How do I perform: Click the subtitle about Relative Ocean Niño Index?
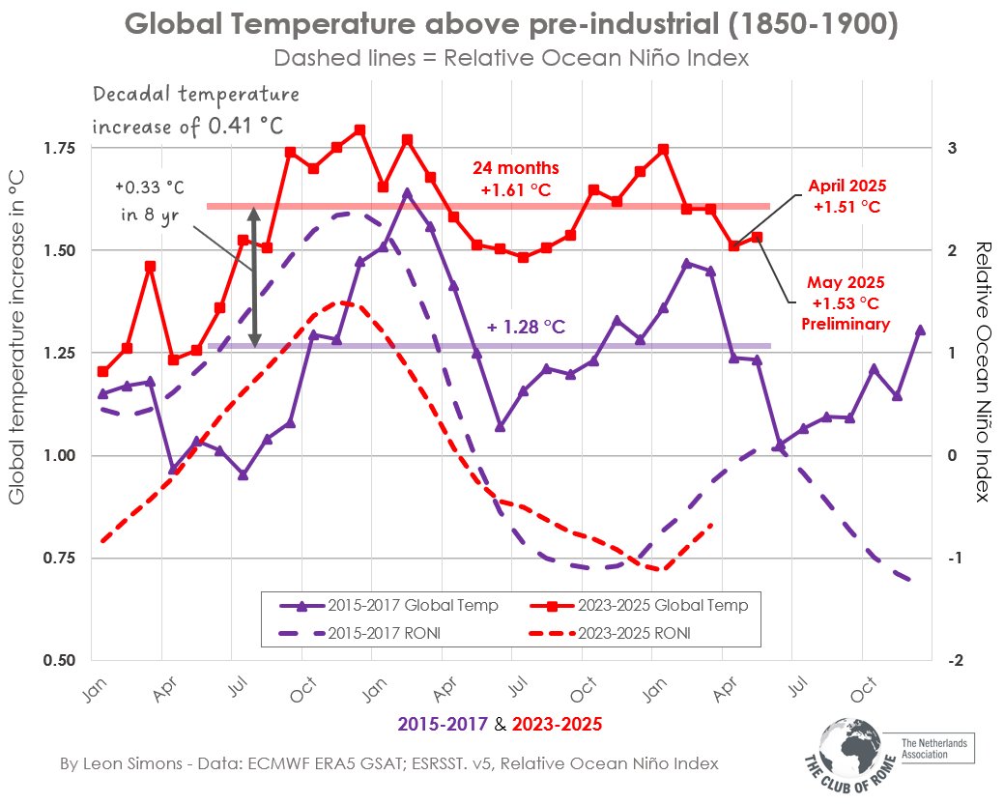click(511, 58)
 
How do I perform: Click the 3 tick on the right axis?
click(952, 148)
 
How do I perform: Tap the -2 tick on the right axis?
click(954, 661)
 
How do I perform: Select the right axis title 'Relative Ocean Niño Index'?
click(983, 372)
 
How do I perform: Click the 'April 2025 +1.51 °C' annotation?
click(847, 196)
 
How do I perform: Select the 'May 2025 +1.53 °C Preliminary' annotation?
click(846, 302)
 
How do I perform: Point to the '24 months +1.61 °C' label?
click(515, 179)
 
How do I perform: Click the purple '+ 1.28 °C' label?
click(527, 328)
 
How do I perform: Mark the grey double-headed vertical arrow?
click(254, 276)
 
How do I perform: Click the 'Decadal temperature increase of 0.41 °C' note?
click(195, 109)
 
